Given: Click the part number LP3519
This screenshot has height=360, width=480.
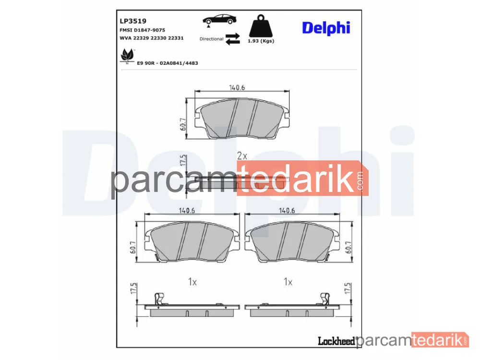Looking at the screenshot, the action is [133, 21].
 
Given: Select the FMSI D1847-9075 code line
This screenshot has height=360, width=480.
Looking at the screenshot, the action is [143, 30].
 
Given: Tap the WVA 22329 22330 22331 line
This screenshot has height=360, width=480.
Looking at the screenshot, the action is [152, 38].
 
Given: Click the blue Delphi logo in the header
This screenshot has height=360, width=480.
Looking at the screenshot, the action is [326, 28].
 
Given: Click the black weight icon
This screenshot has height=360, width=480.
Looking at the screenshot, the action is [261, 26].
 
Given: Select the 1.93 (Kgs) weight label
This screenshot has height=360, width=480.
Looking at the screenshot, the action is [261, 41].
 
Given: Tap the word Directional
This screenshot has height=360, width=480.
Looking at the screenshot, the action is [211, 39].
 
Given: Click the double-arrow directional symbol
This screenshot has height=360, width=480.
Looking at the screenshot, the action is [233, 39].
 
